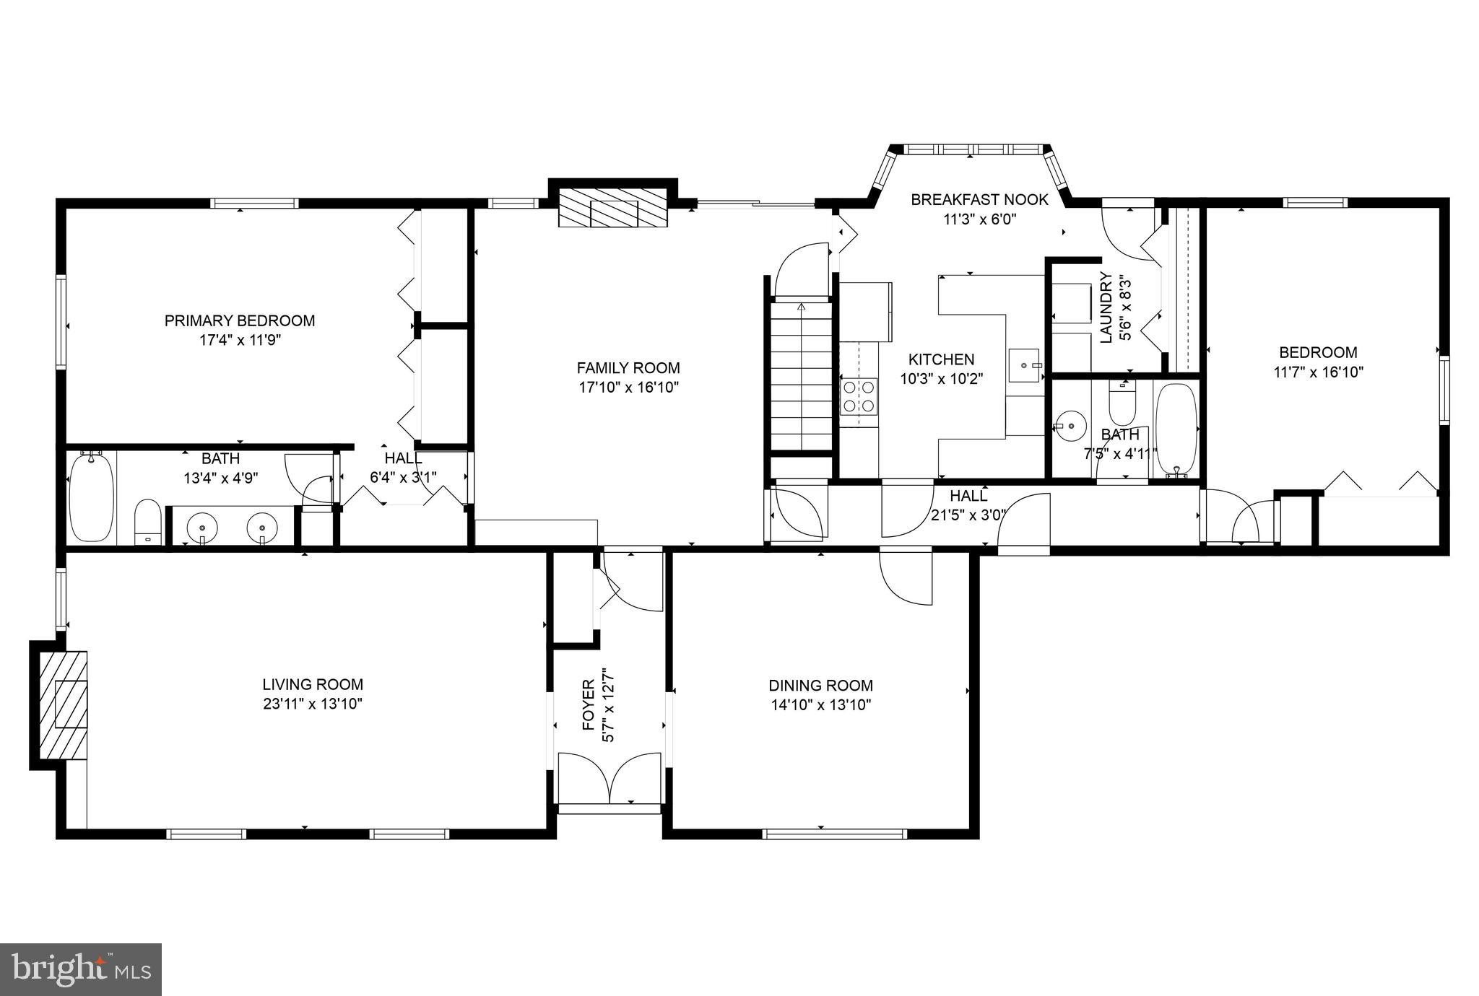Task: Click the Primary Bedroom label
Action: (x=240, y=320)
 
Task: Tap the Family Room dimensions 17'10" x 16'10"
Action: (x=628, y=388)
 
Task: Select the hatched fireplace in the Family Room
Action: (x=612, y=209)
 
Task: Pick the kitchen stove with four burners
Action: (x=859, y=396)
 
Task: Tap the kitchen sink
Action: (x=1025, y=365)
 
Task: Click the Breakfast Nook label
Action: (x=979, y=200)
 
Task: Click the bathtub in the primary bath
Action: (x=91, y=497)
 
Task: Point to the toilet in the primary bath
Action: (x=147, y=521)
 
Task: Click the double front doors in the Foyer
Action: (x=610, y=778)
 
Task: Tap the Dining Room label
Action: (x=820, y=686)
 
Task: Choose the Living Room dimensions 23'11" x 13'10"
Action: (x=313, y=704)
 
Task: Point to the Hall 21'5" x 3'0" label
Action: (x=968, y=496)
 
